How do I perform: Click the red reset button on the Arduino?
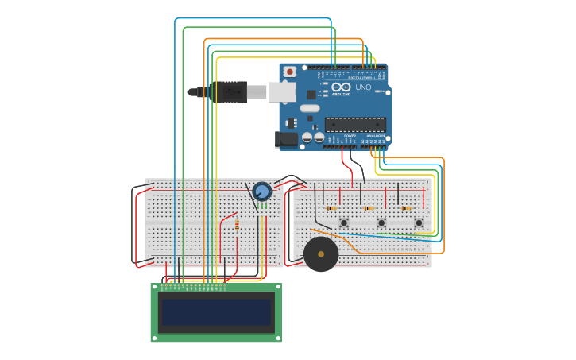290,72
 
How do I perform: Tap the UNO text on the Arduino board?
362,87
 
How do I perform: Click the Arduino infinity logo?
341,87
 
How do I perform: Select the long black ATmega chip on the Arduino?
355,124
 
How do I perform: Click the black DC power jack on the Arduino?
285,139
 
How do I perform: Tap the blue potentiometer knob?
261,191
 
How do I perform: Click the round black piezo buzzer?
321,254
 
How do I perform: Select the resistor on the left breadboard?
237,225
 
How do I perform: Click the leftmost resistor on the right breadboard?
332,208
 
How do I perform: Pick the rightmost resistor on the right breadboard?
406,208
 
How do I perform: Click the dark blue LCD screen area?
216,312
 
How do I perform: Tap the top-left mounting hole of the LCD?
156,288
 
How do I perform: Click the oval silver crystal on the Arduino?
309,108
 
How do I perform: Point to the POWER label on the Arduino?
350,136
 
